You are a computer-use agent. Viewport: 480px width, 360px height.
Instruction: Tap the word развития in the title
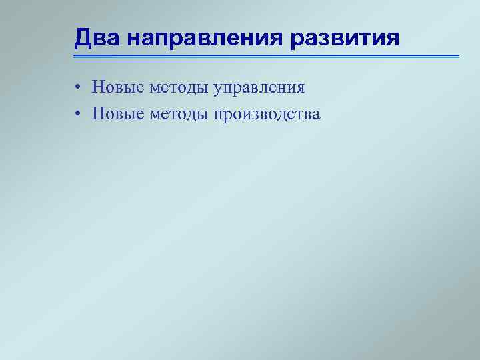(345, 38)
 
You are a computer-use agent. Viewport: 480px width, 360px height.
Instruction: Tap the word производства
(267, 115)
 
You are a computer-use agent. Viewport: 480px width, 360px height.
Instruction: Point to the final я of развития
(393, 39)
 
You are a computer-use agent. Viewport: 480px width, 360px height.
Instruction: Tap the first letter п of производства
(219, 115)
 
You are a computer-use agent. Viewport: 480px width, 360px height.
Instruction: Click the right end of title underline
(459, 56)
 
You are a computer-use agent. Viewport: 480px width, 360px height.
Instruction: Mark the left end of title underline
(75, 56)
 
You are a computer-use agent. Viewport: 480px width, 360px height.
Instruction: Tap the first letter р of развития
(297, 41)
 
